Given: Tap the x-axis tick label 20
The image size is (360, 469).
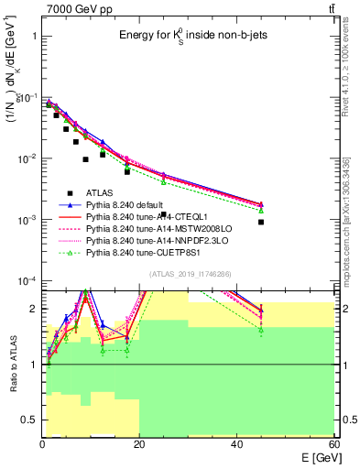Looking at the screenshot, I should tap(139, 443).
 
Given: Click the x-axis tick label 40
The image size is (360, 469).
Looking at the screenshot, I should tap(236, 443).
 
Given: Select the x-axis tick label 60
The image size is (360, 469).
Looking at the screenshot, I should tap(333, 443).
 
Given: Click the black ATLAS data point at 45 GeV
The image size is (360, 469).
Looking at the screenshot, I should tap(261, 222).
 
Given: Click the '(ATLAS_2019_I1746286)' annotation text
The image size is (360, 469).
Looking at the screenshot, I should tap(189, 274).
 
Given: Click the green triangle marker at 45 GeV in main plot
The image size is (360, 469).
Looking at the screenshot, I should tap(261, 210).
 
